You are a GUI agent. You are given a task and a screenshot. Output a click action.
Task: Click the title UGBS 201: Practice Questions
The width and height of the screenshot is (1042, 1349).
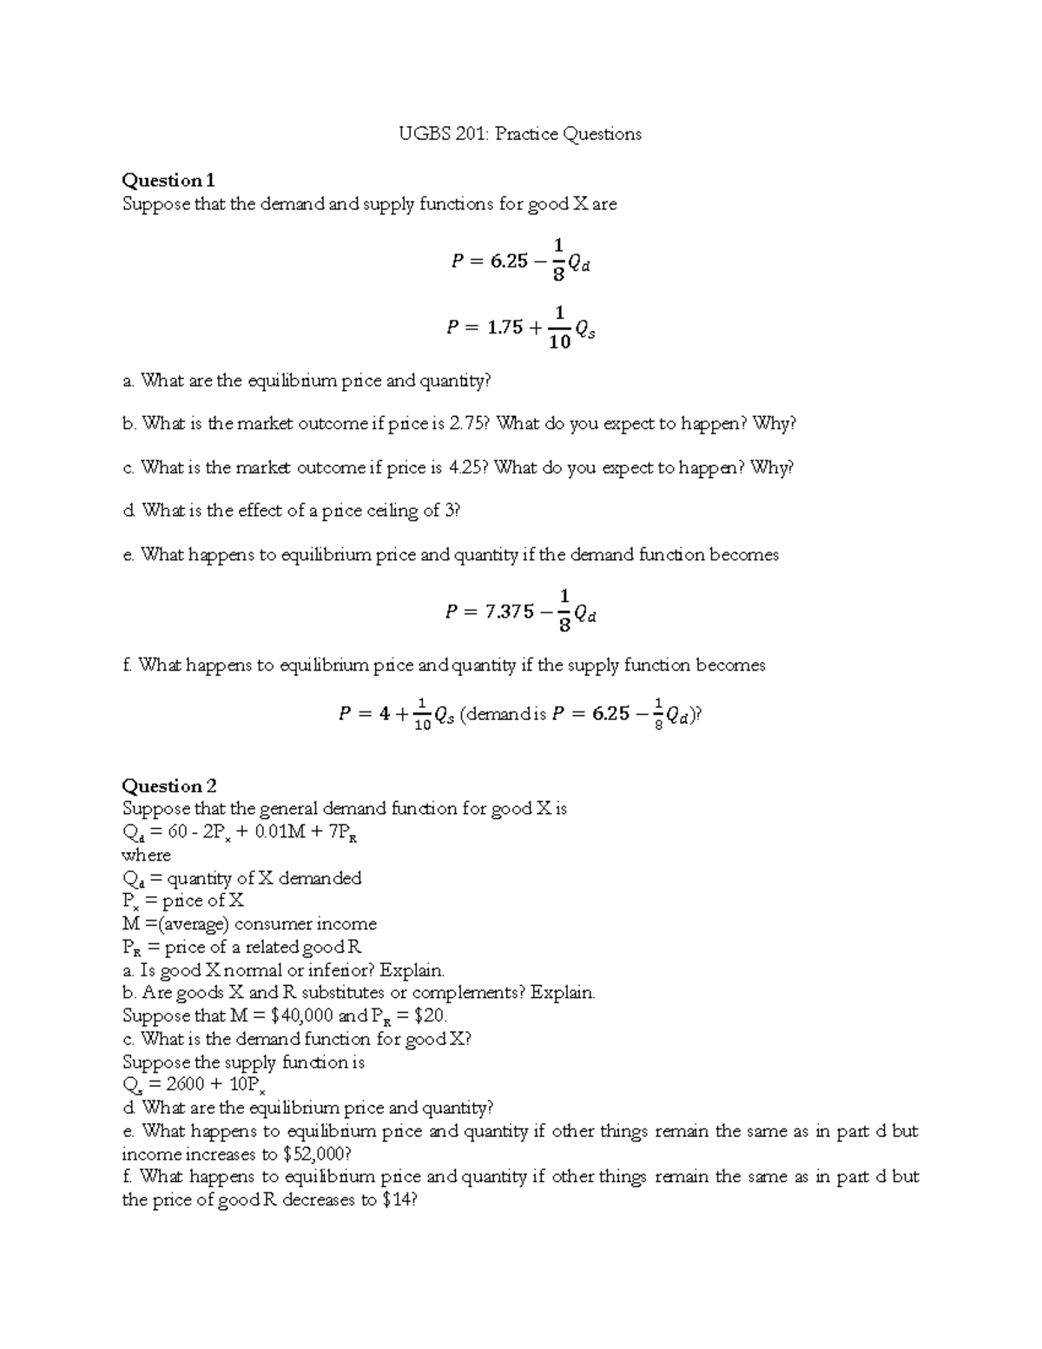(520, 134)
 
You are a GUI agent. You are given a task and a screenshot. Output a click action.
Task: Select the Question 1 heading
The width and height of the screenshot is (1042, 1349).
(168, 181)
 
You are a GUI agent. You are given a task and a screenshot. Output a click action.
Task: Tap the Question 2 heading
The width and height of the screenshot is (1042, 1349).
(168, 786)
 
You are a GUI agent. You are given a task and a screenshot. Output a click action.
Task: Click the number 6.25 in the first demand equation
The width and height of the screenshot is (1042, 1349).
(509, 261)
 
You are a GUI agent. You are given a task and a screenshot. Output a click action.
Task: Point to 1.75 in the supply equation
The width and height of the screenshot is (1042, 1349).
(505, 327)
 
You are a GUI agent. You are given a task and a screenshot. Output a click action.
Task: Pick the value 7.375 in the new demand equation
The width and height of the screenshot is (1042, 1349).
(510, 612)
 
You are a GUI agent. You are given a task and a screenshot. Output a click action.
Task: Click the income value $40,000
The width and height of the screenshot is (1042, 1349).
(302, 1015)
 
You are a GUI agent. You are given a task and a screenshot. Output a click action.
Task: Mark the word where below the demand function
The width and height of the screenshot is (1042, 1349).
(146, 855)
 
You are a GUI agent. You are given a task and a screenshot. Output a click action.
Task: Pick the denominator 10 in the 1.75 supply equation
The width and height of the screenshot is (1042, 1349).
(560, 342)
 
